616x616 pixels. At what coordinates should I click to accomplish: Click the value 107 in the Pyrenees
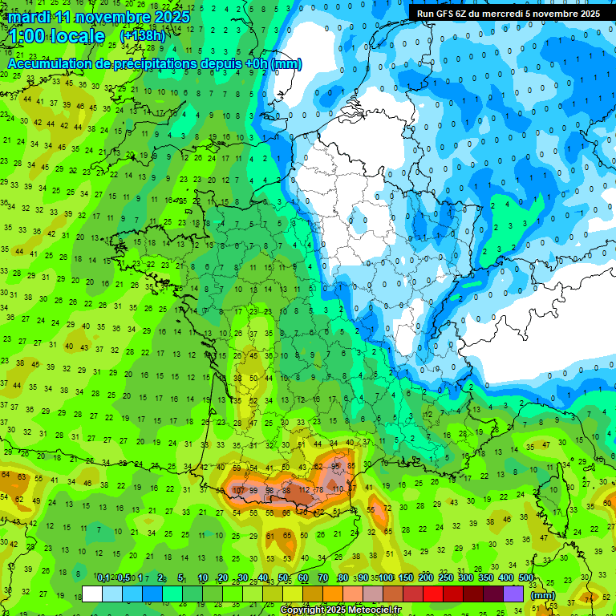coord(238,490)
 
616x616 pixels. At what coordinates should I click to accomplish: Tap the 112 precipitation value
coord(303,490)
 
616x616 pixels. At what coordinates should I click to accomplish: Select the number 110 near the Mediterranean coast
coord(337,488)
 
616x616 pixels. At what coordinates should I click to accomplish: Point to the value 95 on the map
coord(336,466)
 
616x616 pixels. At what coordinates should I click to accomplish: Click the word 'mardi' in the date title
coord(29,17)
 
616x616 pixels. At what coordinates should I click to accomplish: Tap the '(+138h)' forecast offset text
coord(143,36)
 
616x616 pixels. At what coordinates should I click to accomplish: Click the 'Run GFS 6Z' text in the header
coord(442,14)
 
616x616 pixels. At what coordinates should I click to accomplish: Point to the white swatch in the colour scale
coord(92,594)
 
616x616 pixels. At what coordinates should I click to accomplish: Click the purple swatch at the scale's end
coord(514,594)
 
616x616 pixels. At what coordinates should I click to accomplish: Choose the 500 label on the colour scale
coord(526,578)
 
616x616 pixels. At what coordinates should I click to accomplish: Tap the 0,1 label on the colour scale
coord(103,578)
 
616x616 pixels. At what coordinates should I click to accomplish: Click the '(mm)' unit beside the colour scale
coord(543,595)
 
